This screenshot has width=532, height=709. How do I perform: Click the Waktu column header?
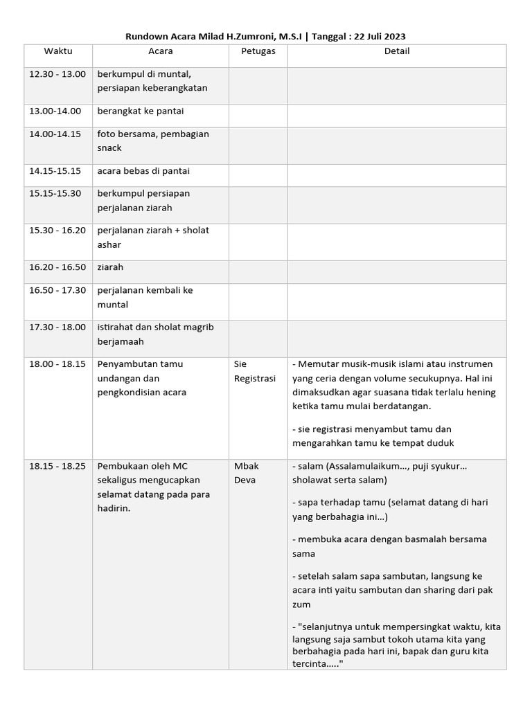58,51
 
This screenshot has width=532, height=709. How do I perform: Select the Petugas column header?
258,51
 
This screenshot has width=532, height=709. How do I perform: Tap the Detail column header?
397,51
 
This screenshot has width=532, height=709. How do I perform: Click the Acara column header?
161,51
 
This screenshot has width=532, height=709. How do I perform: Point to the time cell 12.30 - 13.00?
57,74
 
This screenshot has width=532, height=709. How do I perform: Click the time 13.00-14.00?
55,111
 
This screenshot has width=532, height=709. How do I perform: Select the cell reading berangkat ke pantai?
141,111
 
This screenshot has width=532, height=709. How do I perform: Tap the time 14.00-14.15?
55,134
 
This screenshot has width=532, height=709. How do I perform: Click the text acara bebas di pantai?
143,170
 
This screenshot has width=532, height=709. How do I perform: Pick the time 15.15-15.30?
55,193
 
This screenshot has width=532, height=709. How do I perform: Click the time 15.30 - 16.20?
57,230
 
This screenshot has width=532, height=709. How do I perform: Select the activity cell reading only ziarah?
110,267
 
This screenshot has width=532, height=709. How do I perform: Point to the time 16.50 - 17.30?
57,290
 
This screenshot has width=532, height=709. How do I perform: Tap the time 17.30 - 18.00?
57,327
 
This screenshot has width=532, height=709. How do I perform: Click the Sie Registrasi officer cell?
254,371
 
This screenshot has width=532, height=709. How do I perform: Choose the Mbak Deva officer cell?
247,473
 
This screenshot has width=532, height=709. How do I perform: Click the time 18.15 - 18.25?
57,466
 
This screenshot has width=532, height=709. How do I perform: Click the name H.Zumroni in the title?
251,36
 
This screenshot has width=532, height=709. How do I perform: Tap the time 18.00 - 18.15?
57,364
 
